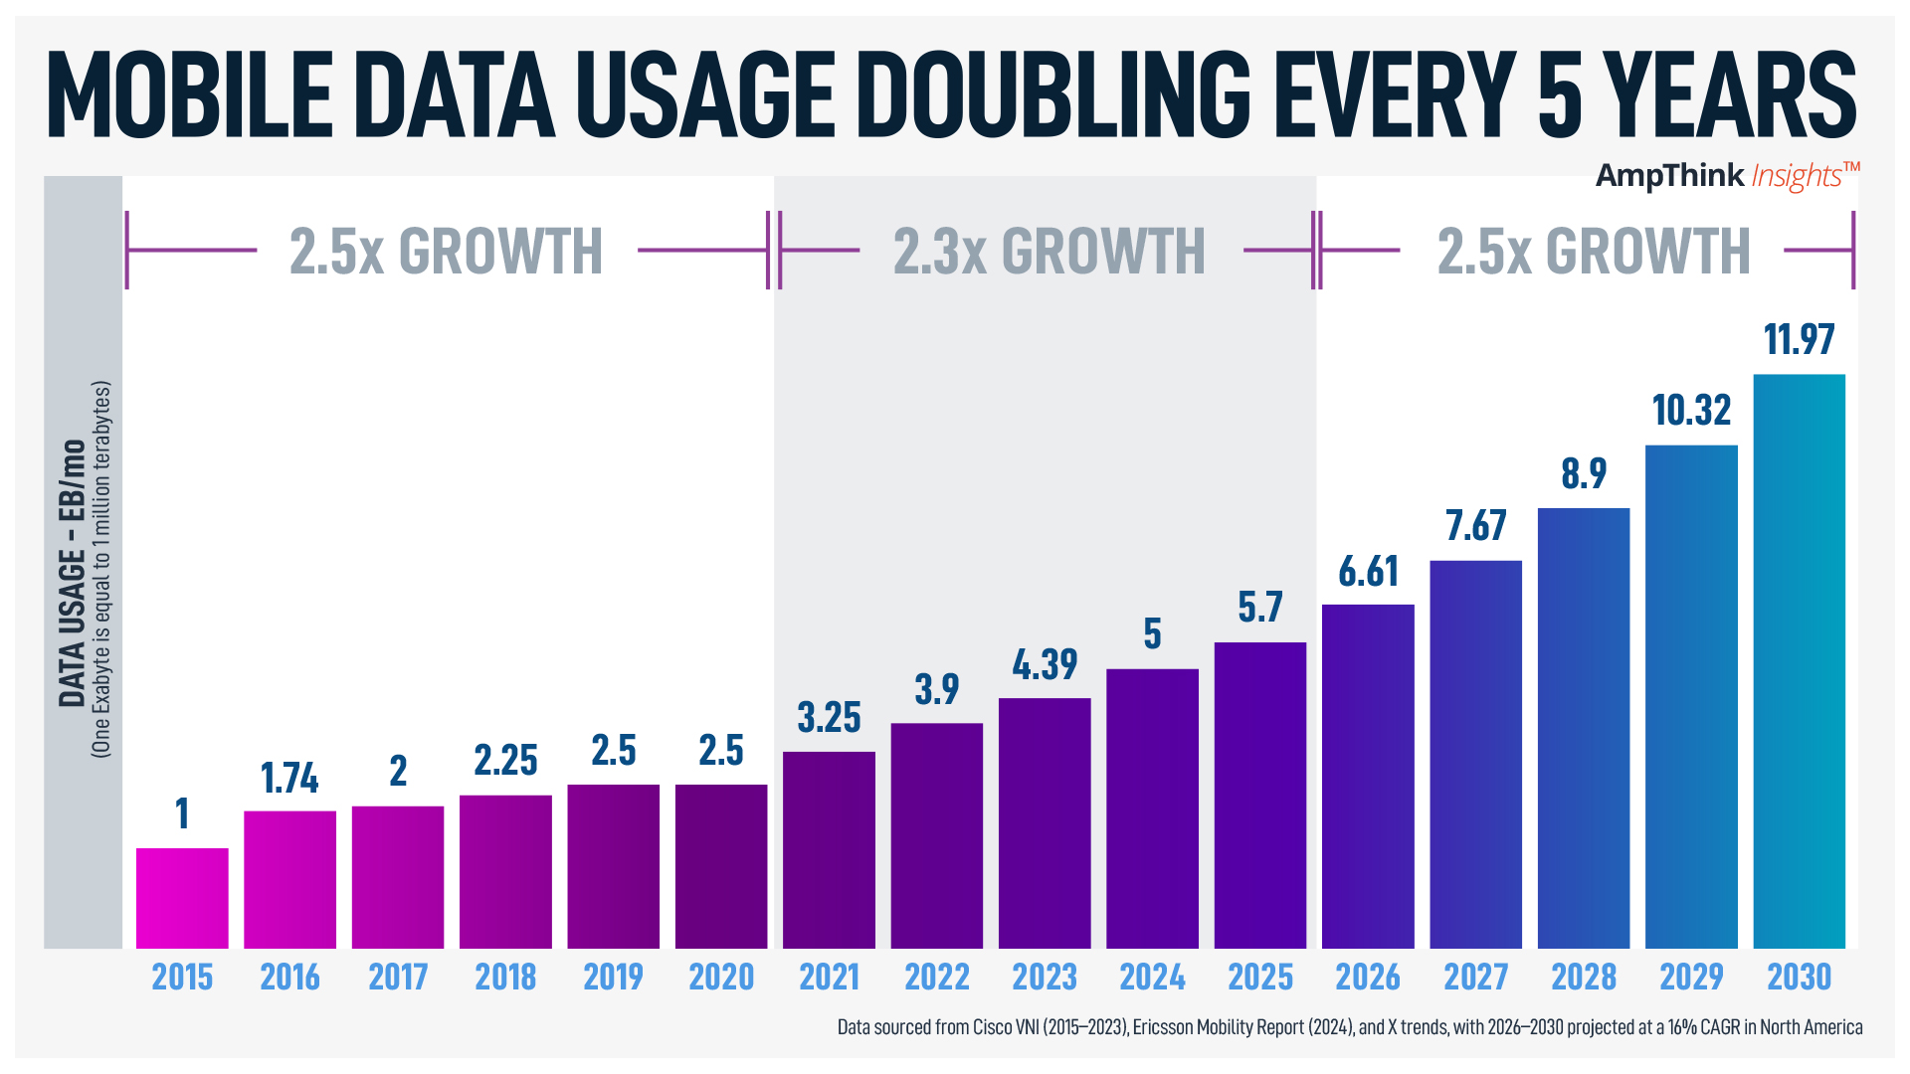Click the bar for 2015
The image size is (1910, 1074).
click(x=182, y=898)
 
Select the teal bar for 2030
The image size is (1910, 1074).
click(x=1799, y=661)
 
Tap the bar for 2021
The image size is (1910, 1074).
click(x=829, y=850)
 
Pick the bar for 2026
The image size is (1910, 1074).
click(x=1368, y=776)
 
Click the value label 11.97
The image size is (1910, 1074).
click(x=1799, y=340)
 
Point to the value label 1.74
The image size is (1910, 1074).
click(x=289, y=779)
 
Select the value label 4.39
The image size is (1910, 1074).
click(x=1045, y=664)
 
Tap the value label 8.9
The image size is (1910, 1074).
click(x=1584, y=473)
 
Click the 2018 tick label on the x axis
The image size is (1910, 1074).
click(x=505, y=978)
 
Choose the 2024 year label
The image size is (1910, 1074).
click(x=1152, y=978)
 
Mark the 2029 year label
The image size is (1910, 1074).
click(x=1691, y=978)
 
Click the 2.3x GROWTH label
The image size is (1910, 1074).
click(x=1049, y=252)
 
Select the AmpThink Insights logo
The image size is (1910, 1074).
click(x=1727, y=176)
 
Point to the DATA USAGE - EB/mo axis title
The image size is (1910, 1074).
click(x=72, y=572)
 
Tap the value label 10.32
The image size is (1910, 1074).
click(x=1691, y=411)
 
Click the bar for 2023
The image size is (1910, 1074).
click(x=1045, y=823)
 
